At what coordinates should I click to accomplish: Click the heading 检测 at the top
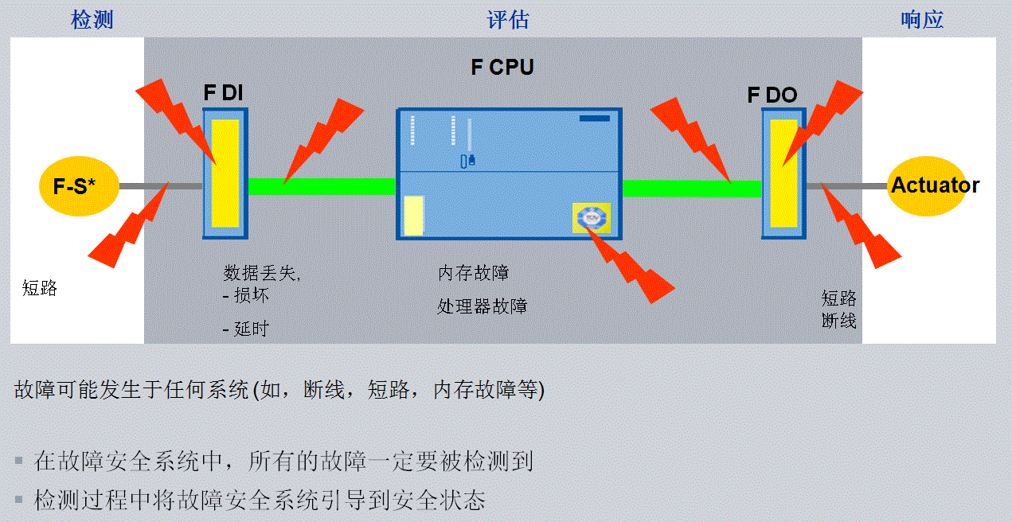92,20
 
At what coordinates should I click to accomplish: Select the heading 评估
508,20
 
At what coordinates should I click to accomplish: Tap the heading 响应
922,20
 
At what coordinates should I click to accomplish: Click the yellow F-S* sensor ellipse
74,187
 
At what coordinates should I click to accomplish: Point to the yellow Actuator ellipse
935,186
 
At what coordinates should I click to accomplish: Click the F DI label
223,93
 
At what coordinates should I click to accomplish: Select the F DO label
772,95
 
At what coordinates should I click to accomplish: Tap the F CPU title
502,67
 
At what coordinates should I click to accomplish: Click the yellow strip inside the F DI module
226,173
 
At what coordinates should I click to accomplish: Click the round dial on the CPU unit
591,217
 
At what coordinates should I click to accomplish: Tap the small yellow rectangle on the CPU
413,215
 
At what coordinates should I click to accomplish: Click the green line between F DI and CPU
322,186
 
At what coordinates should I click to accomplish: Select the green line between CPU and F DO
691,188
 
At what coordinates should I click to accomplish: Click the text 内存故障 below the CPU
473,273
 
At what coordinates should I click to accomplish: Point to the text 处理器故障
482,306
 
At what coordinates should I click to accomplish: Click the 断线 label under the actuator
839,321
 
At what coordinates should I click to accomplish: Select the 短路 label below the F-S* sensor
40,288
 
